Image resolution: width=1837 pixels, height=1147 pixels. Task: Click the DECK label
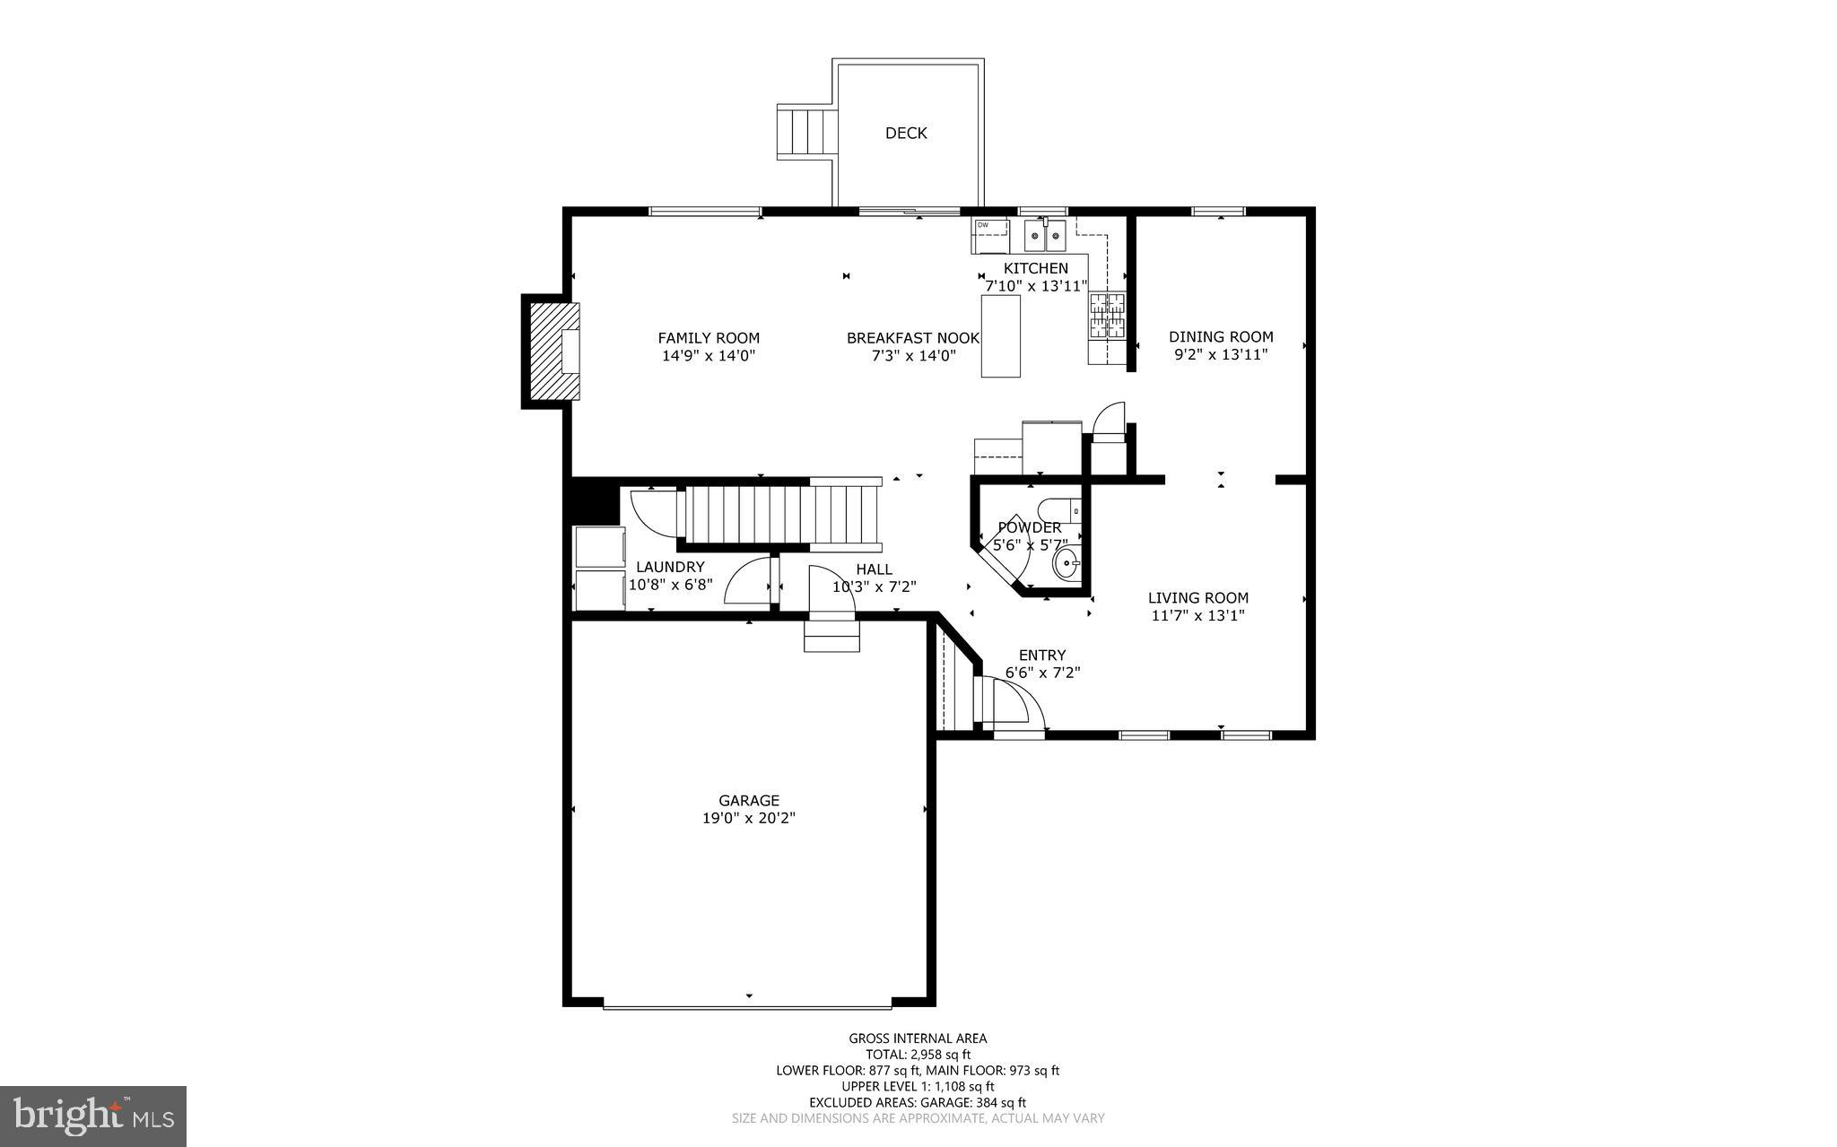[906, 133]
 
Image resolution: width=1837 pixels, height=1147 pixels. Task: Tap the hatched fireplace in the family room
[553, 351]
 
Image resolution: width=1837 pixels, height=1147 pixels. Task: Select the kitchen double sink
[1046, 237]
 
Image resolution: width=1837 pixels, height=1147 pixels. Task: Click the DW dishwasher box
[989, 236]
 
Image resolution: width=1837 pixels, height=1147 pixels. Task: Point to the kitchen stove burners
[1106, 316]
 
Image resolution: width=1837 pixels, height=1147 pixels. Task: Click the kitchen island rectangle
[1000, 335]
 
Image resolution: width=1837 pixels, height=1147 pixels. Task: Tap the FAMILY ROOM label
[709, 338]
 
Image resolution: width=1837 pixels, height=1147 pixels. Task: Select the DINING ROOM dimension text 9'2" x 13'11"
[1221, 354]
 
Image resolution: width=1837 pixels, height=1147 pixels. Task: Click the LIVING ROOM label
[1198, 598]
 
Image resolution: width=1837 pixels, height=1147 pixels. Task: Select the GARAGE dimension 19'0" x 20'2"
[749, 818]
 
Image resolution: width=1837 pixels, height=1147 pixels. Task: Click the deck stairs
[805, 132]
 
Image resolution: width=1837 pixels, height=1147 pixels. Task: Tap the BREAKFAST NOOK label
[913, 338]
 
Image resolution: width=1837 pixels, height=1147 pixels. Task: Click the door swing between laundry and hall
[748, 581]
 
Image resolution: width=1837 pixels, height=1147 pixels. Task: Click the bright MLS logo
[93, 1116]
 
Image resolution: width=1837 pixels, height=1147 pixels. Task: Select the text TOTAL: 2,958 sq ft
[918, 1055]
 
